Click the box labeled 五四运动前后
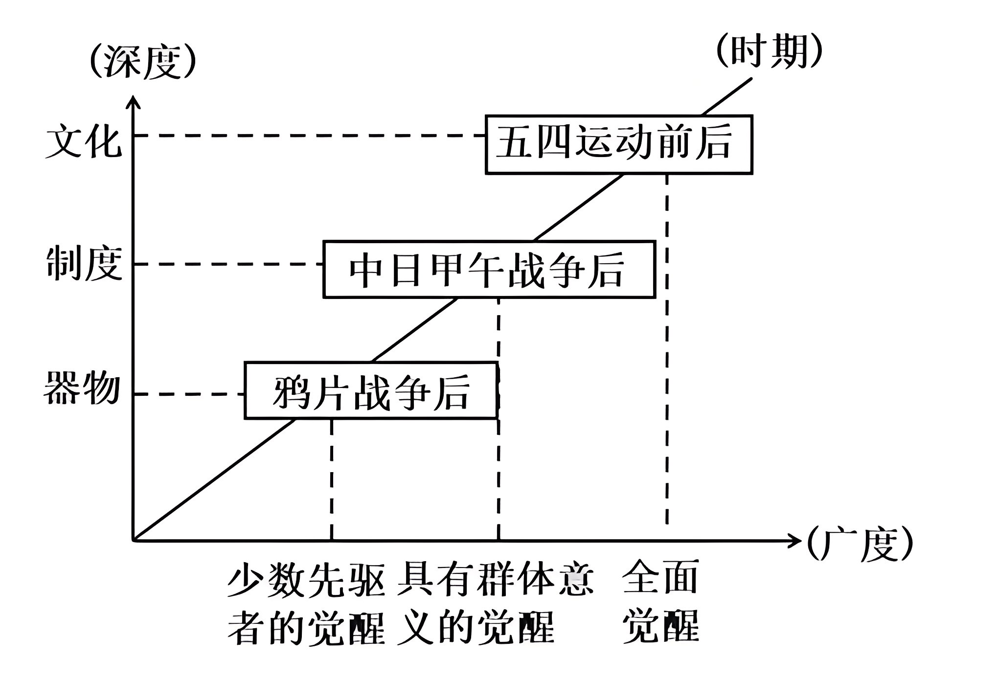[x=618, y=144]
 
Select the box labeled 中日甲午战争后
[x=489, y=269]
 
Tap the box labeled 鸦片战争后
[x=371, y=390]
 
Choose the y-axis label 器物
[x=82, y=388]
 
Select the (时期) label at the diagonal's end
[x=769, y=51]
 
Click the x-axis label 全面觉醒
[x=660, y=601]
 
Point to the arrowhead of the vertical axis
[x=133, y=101]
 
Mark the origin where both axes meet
[x=134, y=540]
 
